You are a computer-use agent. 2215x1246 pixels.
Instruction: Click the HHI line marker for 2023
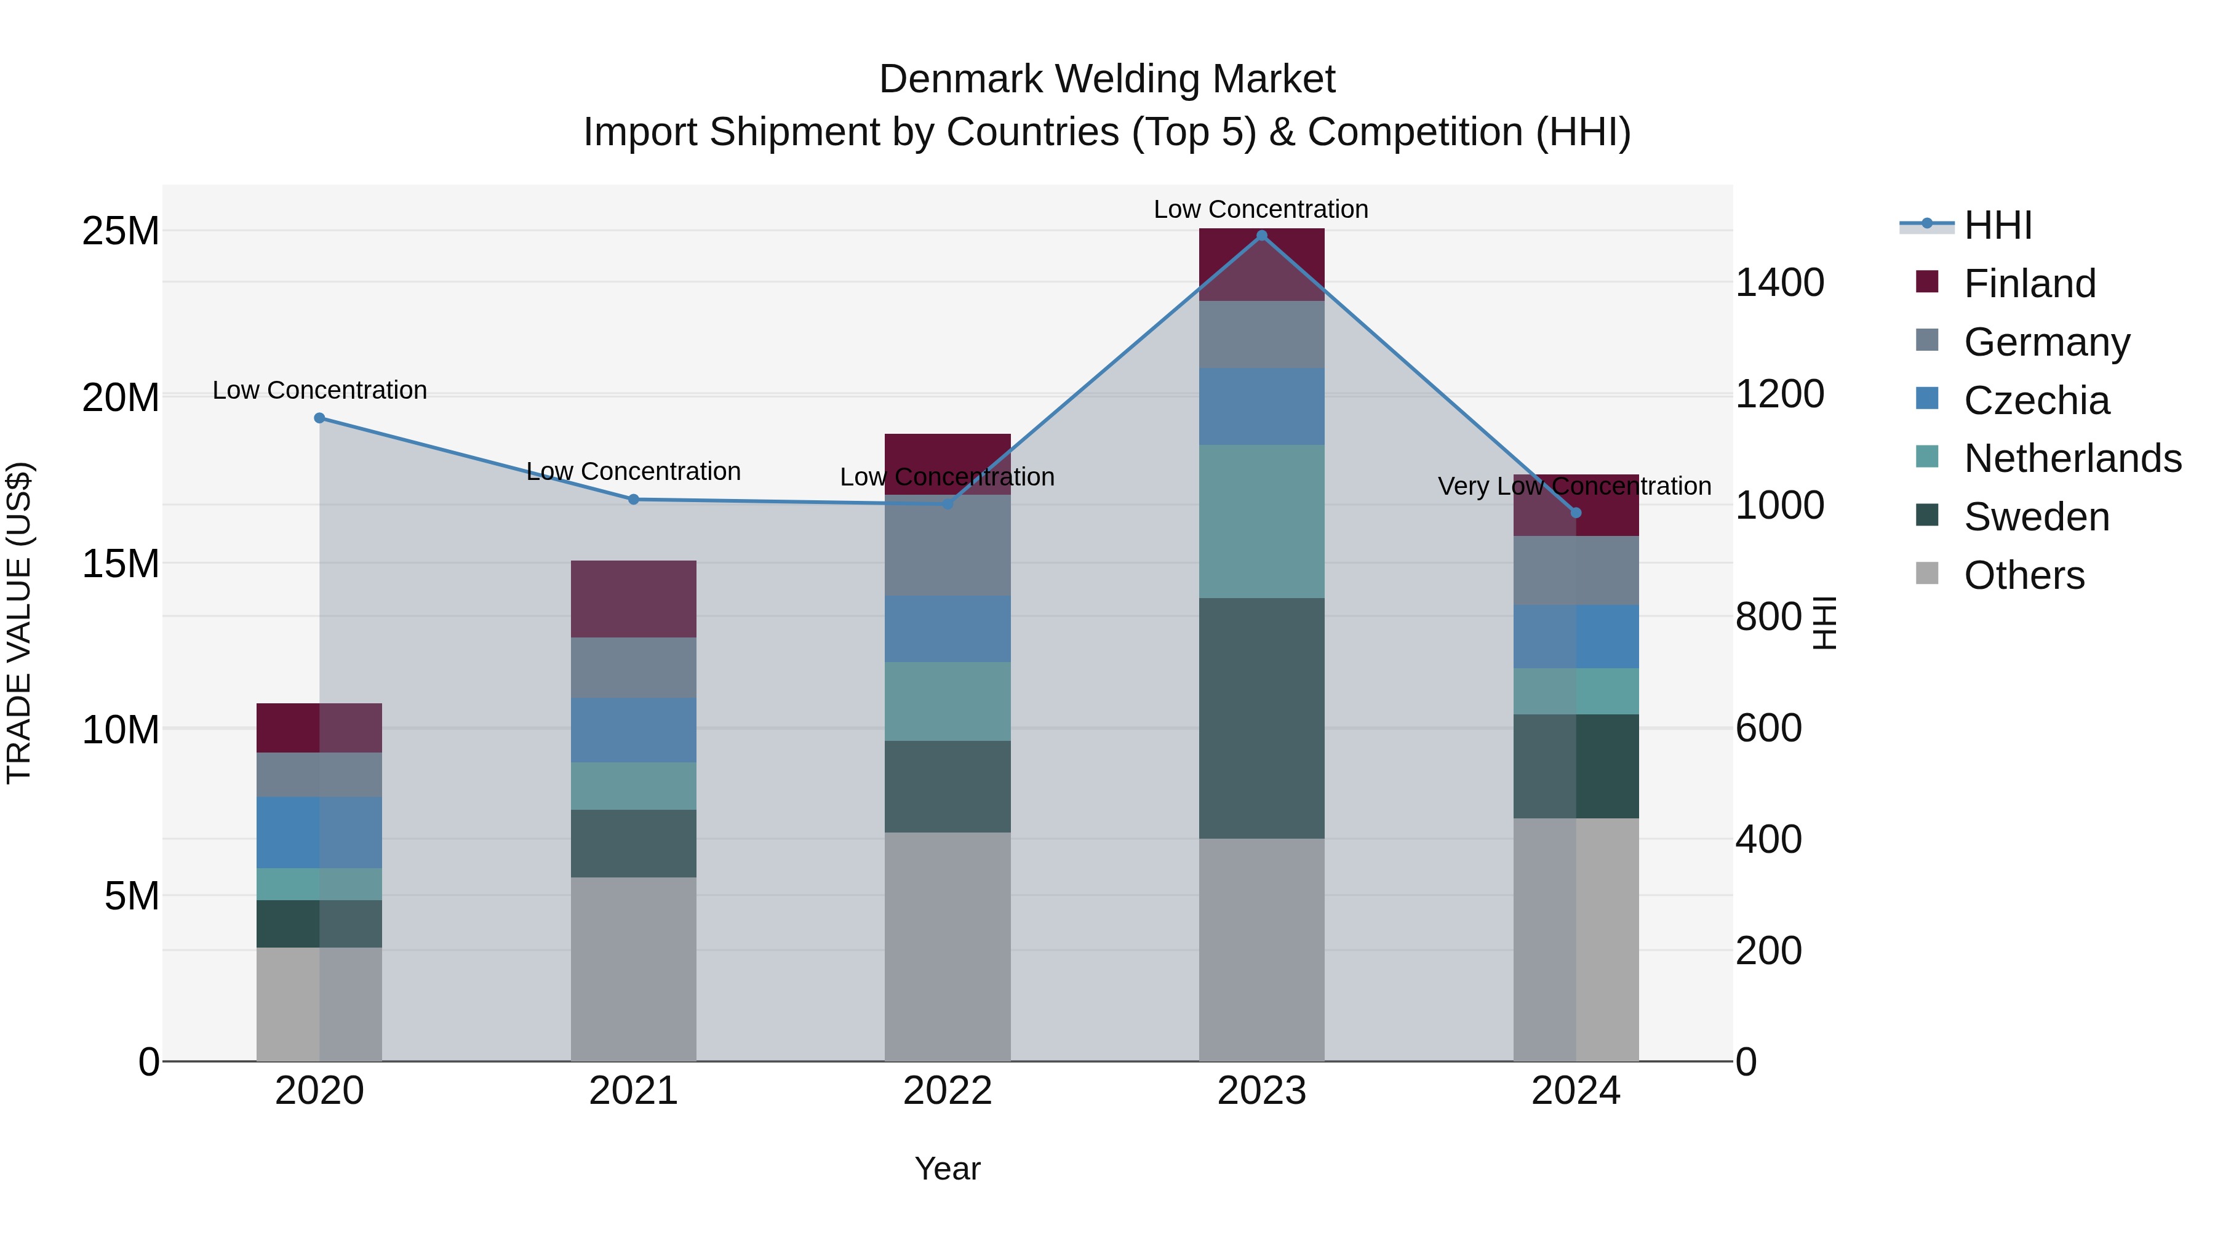point(1261,236)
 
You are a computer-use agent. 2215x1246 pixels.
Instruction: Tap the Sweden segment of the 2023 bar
point(1261,718)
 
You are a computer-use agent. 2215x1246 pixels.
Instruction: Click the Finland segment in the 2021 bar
point(633,599)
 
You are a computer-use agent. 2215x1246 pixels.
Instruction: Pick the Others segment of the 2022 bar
point(947,946)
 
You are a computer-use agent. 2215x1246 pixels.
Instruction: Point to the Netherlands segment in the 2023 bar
point(1261,521)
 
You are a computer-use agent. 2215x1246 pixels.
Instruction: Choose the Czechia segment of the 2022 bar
point(947,629)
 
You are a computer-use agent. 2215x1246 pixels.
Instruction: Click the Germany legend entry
point(2046,342)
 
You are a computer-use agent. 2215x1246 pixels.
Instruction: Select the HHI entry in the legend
point(1997,225)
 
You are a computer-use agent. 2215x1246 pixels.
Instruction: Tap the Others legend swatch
point(1927,573)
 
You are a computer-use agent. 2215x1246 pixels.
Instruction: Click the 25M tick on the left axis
point(121,231)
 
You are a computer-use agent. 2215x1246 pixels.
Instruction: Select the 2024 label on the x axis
point(1575,1091)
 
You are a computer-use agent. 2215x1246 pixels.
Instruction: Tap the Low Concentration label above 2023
point(1261,209)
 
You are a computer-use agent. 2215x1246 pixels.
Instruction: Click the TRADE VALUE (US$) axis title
point(19,623)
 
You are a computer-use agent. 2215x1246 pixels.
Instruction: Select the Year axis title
point(947,1168)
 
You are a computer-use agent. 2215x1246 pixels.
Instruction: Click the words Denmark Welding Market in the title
point(1107,79)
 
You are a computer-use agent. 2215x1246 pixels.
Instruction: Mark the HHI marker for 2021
point(633,499)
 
